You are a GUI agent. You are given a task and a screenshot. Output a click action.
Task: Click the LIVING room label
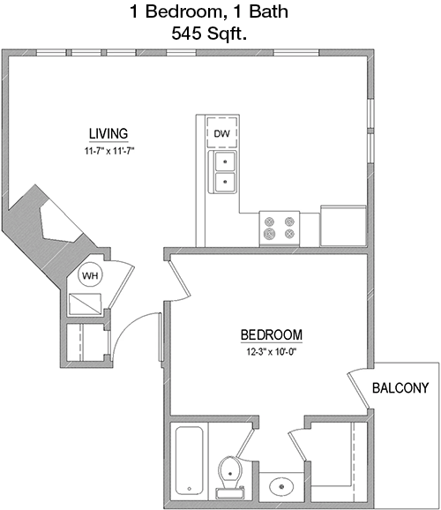click(108, 134)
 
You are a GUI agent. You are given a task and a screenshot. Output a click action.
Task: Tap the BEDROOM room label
click(272, 334)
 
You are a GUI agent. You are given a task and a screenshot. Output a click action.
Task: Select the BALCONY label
click(400, 388)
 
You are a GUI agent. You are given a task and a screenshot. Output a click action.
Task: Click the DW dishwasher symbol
click(222, 132)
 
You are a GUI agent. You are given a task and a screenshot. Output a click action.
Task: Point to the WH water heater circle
click(90, 275)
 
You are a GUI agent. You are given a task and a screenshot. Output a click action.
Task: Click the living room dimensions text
click(109, 151)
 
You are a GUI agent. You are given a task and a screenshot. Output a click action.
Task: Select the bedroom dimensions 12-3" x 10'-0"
click(273, 352)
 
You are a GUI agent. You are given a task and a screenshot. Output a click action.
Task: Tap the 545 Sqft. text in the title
click(209, 33)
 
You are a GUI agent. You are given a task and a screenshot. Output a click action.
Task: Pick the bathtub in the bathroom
click(190, 461)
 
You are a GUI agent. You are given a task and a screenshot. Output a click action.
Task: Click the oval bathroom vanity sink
click(281, 487)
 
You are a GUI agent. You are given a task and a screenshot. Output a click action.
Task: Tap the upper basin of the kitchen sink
click(225, 161)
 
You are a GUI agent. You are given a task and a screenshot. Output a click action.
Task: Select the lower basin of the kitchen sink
click(225, 182)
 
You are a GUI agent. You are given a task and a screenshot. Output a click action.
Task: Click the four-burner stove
click(280, 229)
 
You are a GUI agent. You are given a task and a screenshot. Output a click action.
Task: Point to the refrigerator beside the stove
click(343, 226)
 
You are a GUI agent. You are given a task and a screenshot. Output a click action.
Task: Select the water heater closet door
click(121, 283)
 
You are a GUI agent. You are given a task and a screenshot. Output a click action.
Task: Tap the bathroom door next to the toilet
click(245, 444)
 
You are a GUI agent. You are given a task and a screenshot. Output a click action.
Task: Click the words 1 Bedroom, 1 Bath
click(209, 11)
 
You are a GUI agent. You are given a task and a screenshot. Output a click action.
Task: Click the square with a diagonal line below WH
click(86, 304)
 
